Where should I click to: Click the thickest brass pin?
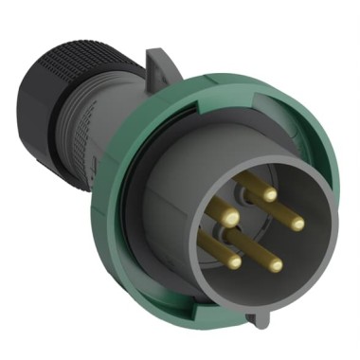coord(230,218)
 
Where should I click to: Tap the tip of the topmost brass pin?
coord(270,193)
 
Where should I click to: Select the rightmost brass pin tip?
coord(297,224)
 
